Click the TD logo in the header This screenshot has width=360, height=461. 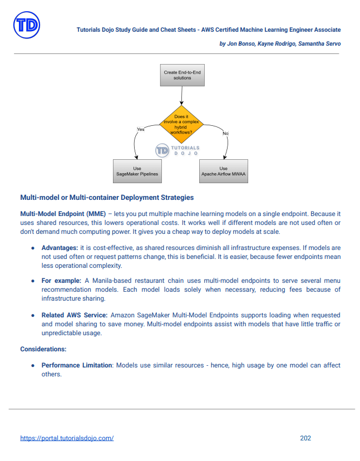tap(26, 26)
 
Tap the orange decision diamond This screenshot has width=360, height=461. tap(182, 124)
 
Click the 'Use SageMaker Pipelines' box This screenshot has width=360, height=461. tap(137, 171)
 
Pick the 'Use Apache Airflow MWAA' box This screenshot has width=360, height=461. tap(223, 171)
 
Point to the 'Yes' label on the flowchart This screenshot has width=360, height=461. tap(141, 129)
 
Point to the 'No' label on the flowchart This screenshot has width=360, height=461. tap(225, 134)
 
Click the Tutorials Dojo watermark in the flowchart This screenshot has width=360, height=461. tap(177, 150)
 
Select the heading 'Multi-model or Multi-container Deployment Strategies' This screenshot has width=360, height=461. tap(107, 197)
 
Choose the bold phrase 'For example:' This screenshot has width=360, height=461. tap(61, 281)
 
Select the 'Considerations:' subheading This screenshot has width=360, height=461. tap(43, 349)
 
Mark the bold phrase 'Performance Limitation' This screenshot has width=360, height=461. tap(77, 365)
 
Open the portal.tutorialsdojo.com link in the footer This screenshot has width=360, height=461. tap(67, 438)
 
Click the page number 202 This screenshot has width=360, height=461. tap(305, 438)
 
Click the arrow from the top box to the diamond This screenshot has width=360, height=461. tap(182, 96)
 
